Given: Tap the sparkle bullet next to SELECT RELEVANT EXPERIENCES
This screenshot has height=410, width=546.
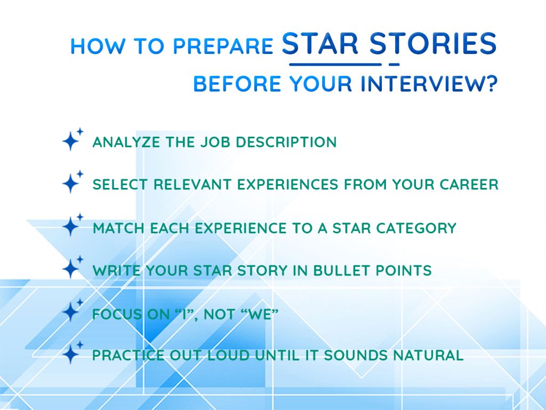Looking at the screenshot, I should point(71,183).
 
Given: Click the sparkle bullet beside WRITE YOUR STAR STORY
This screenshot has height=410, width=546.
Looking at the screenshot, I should point(71,268).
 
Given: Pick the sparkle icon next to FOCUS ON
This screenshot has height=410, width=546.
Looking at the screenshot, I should point(71,311).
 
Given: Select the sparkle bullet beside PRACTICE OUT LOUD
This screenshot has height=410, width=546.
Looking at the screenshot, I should point(71,353).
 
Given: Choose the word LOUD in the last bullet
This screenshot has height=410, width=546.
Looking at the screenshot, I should point(220,356).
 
